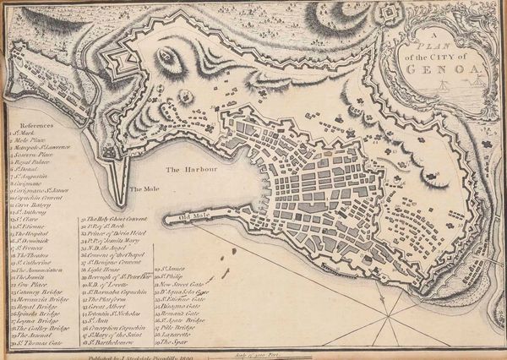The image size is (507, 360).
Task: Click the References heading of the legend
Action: pos(38,125)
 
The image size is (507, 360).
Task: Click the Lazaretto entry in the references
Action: pos(177,335)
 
